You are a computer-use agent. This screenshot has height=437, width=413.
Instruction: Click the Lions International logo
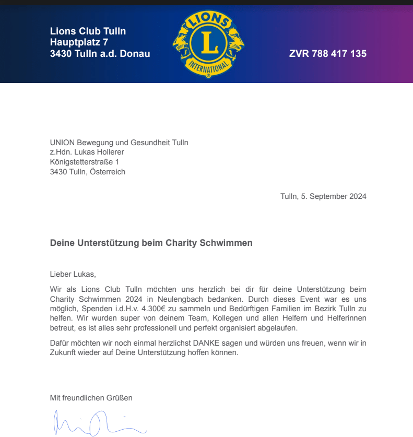[209, 45]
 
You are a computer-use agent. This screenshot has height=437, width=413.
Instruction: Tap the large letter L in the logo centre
[209, 44]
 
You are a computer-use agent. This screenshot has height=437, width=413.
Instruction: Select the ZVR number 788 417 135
[327, 54]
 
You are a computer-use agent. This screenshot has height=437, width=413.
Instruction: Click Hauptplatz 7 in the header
[79, 42]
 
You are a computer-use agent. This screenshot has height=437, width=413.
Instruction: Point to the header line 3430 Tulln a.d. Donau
[100, 54]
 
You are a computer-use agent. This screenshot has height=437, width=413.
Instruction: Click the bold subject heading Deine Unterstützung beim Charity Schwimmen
[151, 243]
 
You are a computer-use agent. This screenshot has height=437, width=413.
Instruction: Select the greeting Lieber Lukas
[73, 274]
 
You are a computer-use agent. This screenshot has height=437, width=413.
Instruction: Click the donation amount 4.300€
[152, 308]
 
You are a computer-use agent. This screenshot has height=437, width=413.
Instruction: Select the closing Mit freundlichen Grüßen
[91, 398]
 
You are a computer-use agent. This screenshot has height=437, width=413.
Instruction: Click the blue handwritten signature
[94, 423]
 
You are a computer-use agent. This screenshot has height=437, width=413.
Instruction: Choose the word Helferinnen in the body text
[346, 318]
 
